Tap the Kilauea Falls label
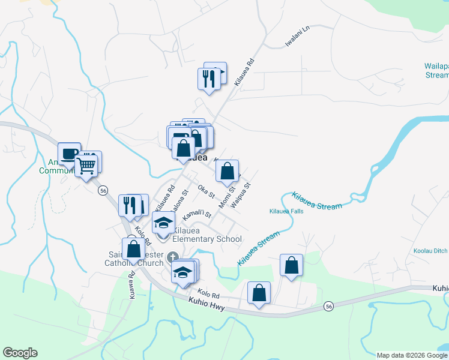(x=286, y=211)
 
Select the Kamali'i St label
(x=197, y=214)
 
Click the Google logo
(x=20, y=353)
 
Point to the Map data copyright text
(x=412, y=355)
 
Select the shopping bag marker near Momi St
(x=227, y=172)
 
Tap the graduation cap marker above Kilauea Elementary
(x=163, y=223)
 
